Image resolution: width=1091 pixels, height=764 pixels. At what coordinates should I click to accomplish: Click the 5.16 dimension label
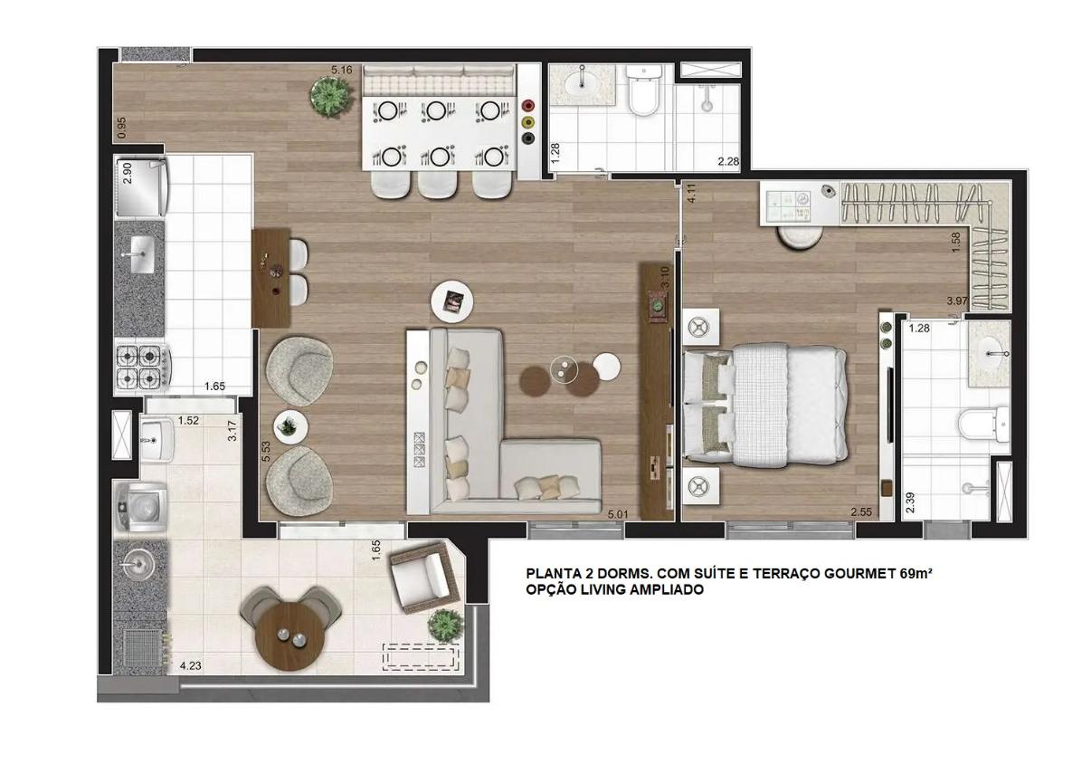341,70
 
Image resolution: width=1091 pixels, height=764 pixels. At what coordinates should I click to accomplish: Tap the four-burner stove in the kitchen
143,367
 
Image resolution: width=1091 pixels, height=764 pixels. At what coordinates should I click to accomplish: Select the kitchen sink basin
141,254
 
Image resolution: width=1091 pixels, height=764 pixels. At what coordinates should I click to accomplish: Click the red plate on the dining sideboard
528,105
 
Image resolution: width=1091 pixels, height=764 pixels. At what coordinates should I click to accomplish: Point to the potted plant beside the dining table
331,97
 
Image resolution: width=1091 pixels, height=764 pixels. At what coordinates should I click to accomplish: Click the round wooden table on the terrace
289,636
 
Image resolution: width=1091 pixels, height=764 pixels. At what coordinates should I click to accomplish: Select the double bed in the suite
764,405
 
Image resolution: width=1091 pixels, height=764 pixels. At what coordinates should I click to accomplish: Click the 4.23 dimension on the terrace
191,665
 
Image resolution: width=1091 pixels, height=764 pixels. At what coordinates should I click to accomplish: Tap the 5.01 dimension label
618,514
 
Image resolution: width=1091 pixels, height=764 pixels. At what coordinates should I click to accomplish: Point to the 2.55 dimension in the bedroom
861,512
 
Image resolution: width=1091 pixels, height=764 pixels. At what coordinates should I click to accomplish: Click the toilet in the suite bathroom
984,424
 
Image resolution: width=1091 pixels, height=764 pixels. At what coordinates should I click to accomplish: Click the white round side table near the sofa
607,367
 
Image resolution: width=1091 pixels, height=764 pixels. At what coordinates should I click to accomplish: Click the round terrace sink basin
137,565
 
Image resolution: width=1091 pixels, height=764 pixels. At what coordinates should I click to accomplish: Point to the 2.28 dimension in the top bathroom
728,161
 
